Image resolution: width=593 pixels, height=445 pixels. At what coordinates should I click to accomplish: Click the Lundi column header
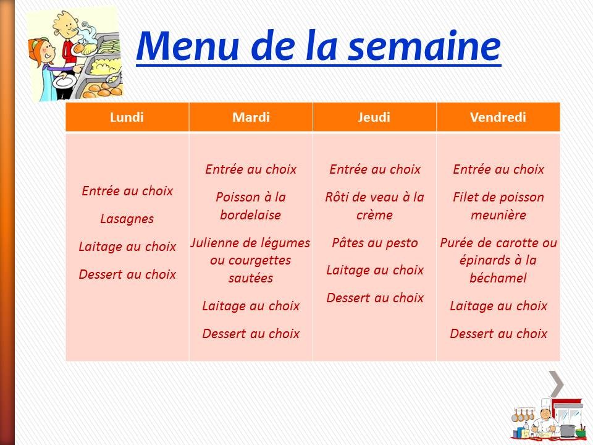coord(127,117)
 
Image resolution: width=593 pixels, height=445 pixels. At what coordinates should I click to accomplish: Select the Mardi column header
coord(251,117)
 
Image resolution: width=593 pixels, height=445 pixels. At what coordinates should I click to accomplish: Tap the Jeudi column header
coord(374,117)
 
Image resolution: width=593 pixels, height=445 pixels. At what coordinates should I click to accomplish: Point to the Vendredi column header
coord(498,117)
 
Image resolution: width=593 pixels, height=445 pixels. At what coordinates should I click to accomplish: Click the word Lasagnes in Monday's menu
coord(127,219)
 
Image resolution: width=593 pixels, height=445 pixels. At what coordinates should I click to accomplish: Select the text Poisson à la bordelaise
coord(251,206)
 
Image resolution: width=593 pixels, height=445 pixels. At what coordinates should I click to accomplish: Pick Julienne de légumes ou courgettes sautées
coord(251,260)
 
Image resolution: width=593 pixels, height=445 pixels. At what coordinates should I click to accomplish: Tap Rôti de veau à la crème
coord(374,206)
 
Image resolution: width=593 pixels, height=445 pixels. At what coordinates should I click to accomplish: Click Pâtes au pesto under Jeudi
coord(374,242)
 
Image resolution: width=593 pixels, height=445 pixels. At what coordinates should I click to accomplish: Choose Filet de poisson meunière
coord(498,206)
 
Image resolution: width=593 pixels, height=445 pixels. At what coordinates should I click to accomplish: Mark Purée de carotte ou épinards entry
coord(498,260)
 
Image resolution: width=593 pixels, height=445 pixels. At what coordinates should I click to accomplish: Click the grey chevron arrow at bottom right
coord(557,384)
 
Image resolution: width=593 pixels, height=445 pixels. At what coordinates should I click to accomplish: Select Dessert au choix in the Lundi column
coord(127,274)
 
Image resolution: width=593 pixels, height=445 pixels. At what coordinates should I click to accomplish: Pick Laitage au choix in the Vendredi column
coord(498,306)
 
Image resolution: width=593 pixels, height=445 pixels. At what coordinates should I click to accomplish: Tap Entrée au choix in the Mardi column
coord(251,169)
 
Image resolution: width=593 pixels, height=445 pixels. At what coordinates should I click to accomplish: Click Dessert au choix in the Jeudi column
coord(374,297)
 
